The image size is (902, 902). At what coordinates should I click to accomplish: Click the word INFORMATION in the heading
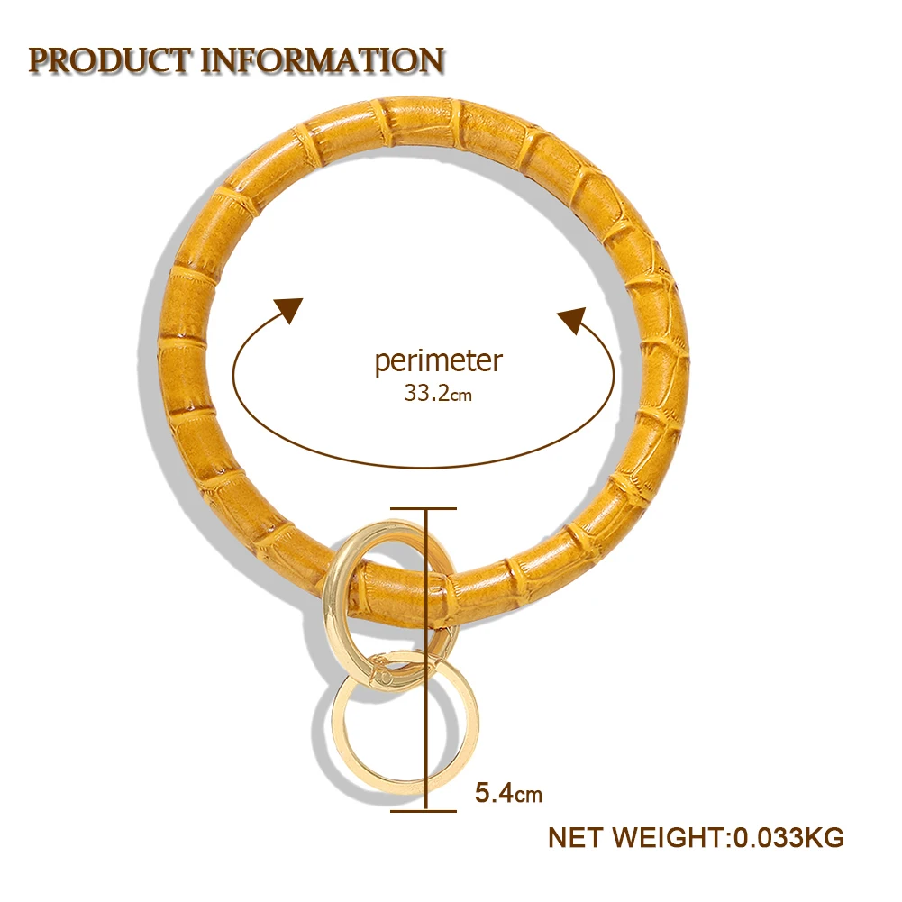click(322, 60)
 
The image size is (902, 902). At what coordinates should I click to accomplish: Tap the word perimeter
click(438, 360)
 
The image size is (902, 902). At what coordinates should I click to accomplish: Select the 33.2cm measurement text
click(438, 394)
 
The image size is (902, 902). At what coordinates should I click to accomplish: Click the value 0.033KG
click(788, 837)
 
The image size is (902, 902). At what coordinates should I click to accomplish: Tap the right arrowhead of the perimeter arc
click(573, 319)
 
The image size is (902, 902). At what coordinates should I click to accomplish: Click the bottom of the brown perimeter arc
click(424, 466)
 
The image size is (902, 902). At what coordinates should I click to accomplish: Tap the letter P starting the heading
click(39, 60)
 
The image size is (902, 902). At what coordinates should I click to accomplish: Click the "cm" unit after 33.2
click(461, 395)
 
